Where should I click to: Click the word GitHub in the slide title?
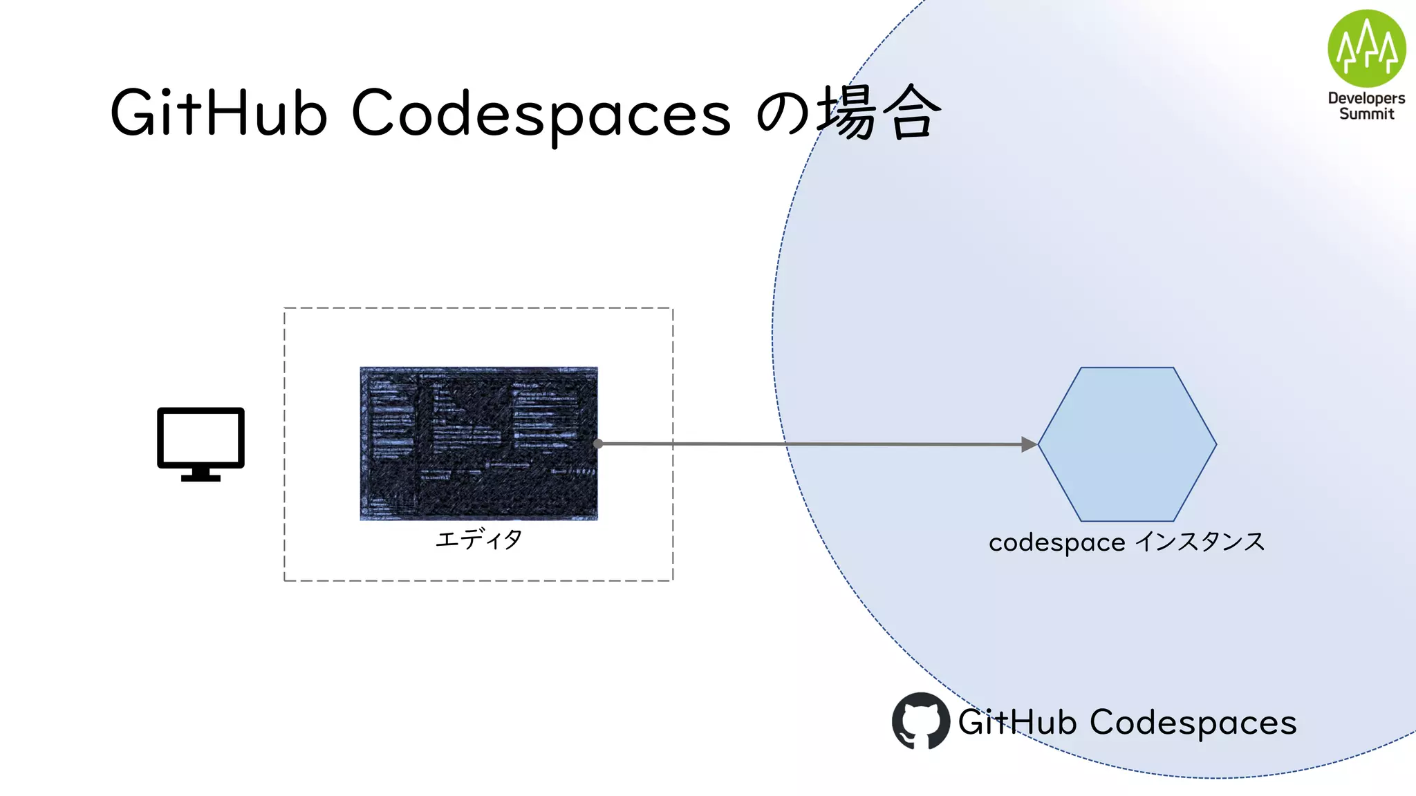[x=218, y=113]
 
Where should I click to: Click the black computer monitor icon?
[x=201, y=438]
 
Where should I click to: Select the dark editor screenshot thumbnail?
[x=478, y=443]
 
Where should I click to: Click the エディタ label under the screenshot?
[x=478, y=539]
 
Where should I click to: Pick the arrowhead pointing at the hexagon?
[x=1029, y=444]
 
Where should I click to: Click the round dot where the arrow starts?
[x=598, y=444]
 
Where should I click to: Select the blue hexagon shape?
[x=1127, y=444]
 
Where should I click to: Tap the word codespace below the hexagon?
[x=1056, y=543]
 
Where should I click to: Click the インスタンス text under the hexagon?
[x=1200, y=542]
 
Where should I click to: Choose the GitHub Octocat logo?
[x=920, y=721]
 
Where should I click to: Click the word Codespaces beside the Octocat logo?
[x=1193, y=723]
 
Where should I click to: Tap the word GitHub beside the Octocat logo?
[x=1017, y=722]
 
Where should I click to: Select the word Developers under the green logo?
[x=1366, y=99]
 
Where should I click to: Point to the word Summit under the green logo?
[x=1366, y=114]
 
